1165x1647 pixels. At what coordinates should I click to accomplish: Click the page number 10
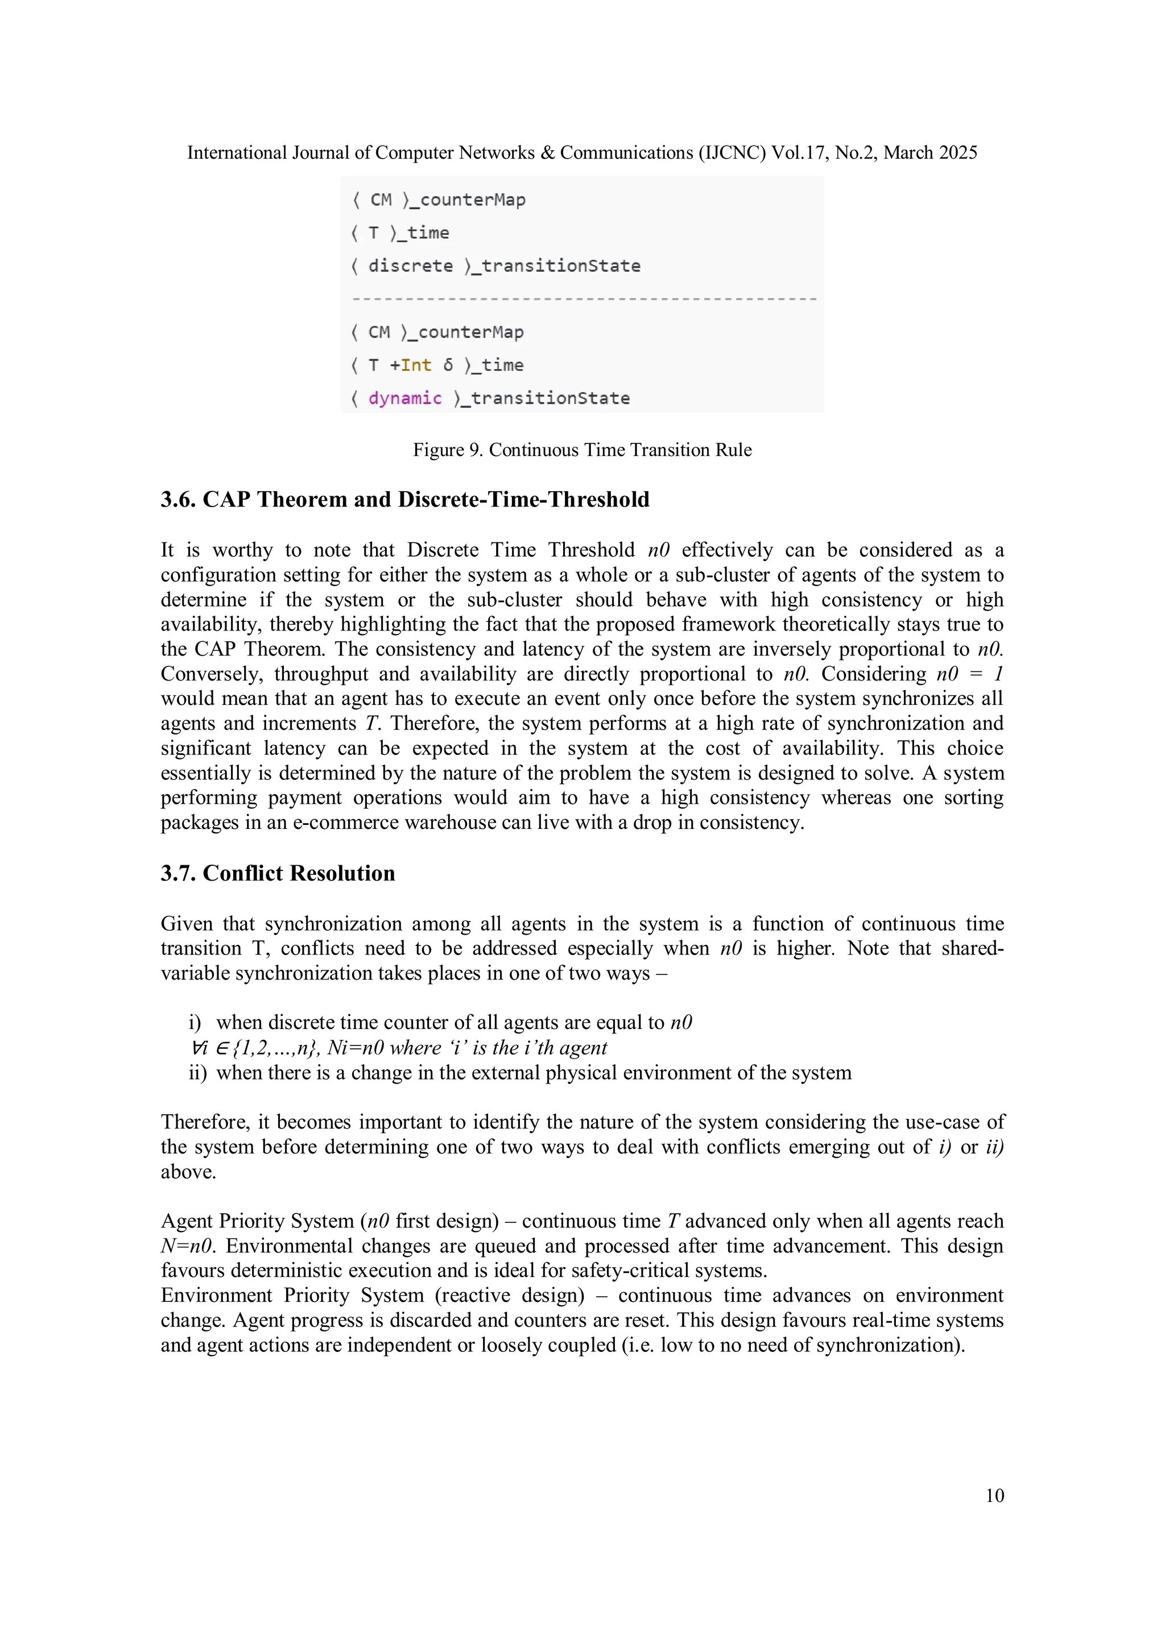tap(994, 1495)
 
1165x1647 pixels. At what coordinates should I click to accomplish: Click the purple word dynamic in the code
tap(405, 398)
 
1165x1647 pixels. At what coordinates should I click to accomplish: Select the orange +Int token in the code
tap(411, 365)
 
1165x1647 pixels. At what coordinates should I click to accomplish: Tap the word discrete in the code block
tap(411, 266)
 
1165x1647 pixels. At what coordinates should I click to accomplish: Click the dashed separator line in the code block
tap(583, 298)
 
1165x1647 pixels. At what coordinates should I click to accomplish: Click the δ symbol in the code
tap(448, 365)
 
